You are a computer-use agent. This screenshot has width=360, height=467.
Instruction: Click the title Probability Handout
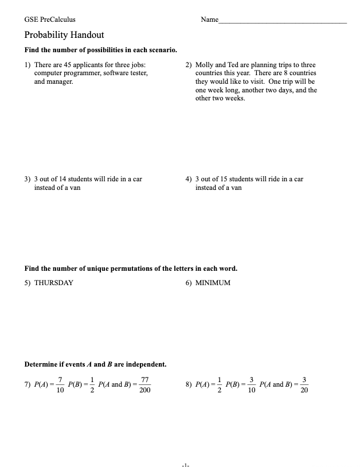[64, 35]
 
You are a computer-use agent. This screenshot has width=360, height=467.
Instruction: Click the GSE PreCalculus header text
[50, 20]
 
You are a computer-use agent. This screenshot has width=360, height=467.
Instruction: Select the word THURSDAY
[54, 283]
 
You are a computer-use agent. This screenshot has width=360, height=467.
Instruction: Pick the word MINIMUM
[213, 283]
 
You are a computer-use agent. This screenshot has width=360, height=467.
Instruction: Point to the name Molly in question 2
[204, 65]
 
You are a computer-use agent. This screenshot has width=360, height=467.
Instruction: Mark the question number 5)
[28, 283]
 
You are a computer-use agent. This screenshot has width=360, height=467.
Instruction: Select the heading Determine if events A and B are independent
[95, 364]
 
